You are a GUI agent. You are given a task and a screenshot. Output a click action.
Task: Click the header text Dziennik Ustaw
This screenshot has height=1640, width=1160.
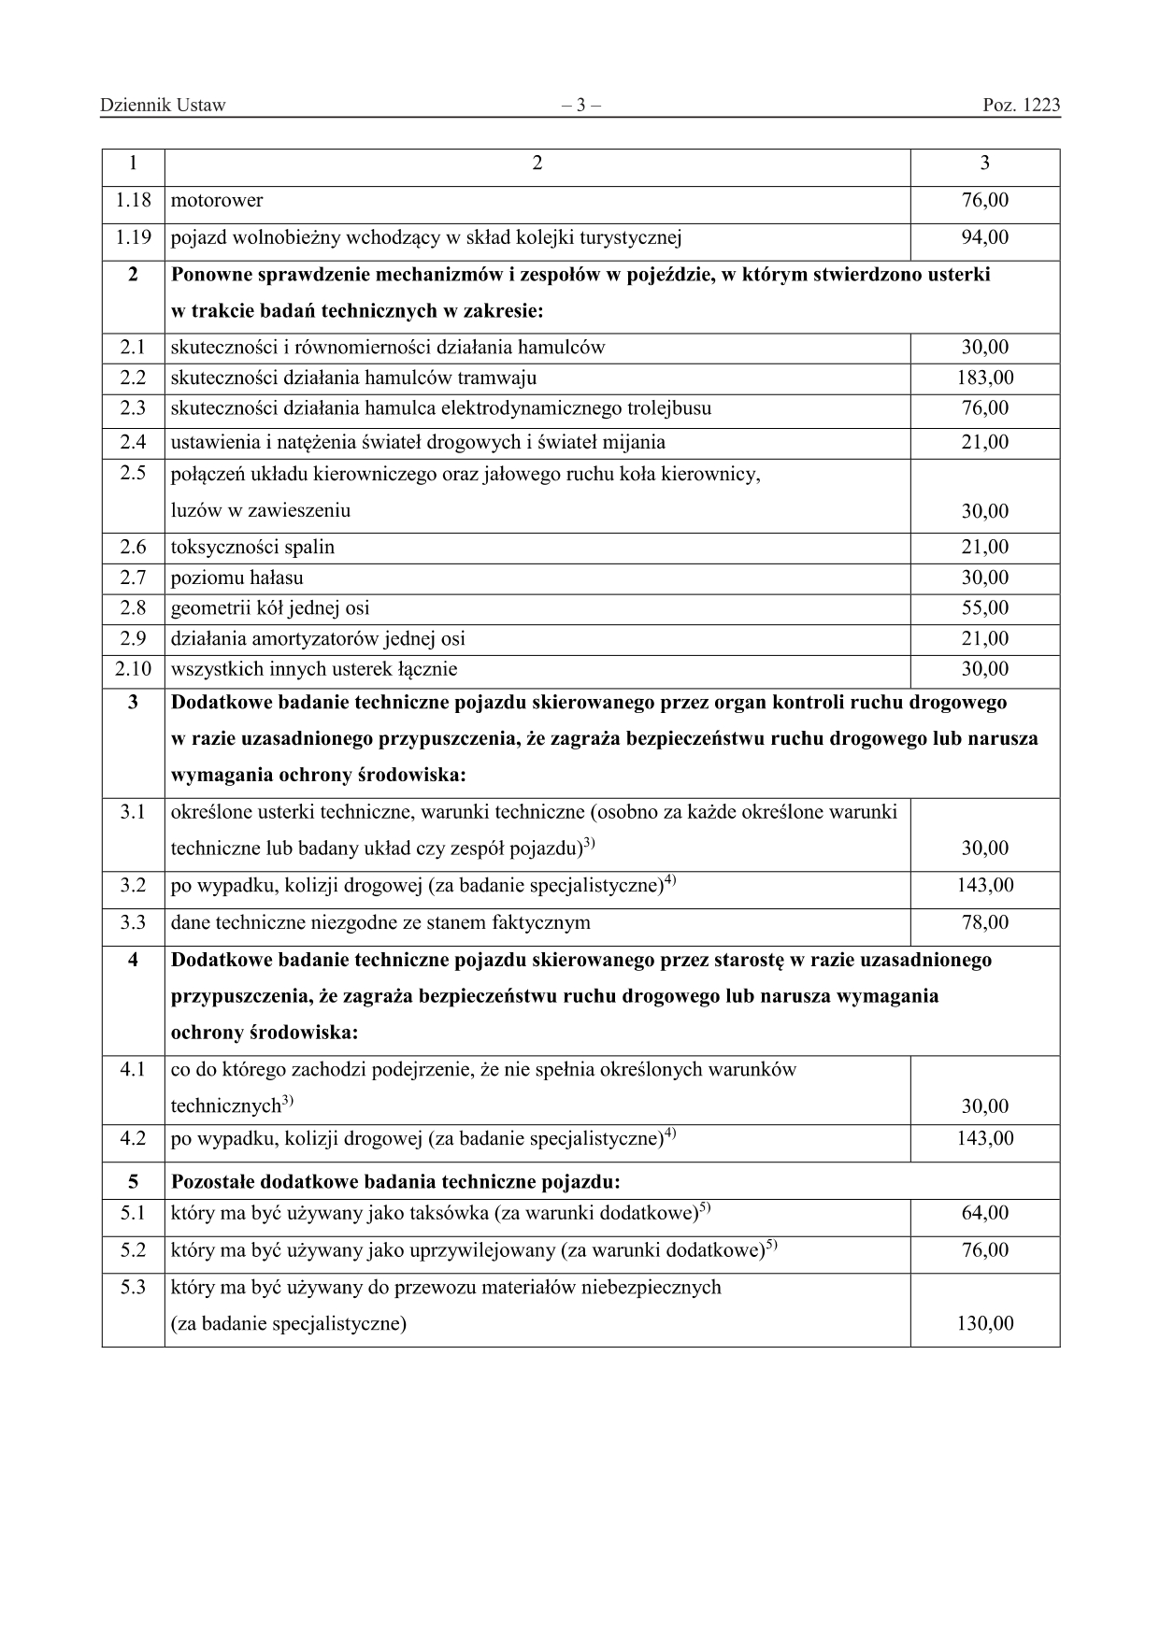click(163, 106)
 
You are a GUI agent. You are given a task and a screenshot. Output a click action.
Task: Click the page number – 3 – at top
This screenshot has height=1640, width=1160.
click(580, 106)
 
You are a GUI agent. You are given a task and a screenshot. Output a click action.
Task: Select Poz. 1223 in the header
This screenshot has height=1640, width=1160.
click(1021, 106)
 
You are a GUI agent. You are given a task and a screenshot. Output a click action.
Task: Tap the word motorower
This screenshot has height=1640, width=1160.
click(217, 201)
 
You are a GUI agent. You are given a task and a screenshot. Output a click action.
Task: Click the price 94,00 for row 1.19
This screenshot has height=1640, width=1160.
click(985, 237)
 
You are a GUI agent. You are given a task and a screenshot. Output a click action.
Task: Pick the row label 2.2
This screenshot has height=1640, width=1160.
click(133, 378)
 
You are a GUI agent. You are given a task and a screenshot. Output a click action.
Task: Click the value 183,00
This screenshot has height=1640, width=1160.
click(985, 378)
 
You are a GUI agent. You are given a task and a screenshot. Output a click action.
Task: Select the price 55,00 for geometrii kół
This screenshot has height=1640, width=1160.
click(985, 608)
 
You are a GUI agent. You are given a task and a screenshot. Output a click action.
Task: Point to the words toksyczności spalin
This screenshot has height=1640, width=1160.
click(252, 548)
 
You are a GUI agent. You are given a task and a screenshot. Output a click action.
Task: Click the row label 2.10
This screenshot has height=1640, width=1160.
click(133, 669)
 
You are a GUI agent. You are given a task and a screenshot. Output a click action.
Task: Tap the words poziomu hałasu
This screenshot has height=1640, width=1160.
click(236, 578)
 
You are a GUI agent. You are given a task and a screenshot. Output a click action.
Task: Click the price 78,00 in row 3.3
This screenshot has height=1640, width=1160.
click(985, 923)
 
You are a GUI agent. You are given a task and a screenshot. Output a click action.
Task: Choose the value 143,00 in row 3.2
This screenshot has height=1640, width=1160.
click(985, 885)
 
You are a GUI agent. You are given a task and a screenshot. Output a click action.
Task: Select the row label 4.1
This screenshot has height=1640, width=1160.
click(133, 1070)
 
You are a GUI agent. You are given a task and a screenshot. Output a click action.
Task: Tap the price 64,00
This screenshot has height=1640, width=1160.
click(985, 1214)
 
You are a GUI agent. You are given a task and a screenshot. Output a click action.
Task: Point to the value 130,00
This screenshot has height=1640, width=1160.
click(985, 1324)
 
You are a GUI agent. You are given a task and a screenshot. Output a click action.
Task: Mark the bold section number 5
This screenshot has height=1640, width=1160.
click(133, 1182)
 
